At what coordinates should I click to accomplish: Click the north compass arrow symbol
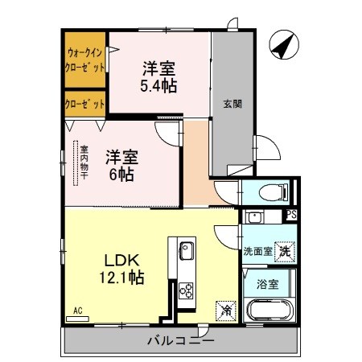(282, 46)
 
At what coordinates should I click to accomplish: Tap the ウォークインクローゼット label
(85, 61)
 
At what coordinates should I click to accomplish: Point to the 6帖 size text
(119, 172)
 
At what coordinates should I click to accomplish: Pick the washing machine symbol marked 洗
(284, 252)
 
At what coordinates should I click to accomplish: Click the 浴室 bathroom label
(267, 284)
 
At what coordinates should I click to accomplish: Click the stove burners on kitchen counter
(185, 290)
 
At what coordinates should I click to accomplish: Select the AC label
(77, 310)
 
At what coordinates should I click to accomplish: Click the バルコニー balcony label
(180, 341)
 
